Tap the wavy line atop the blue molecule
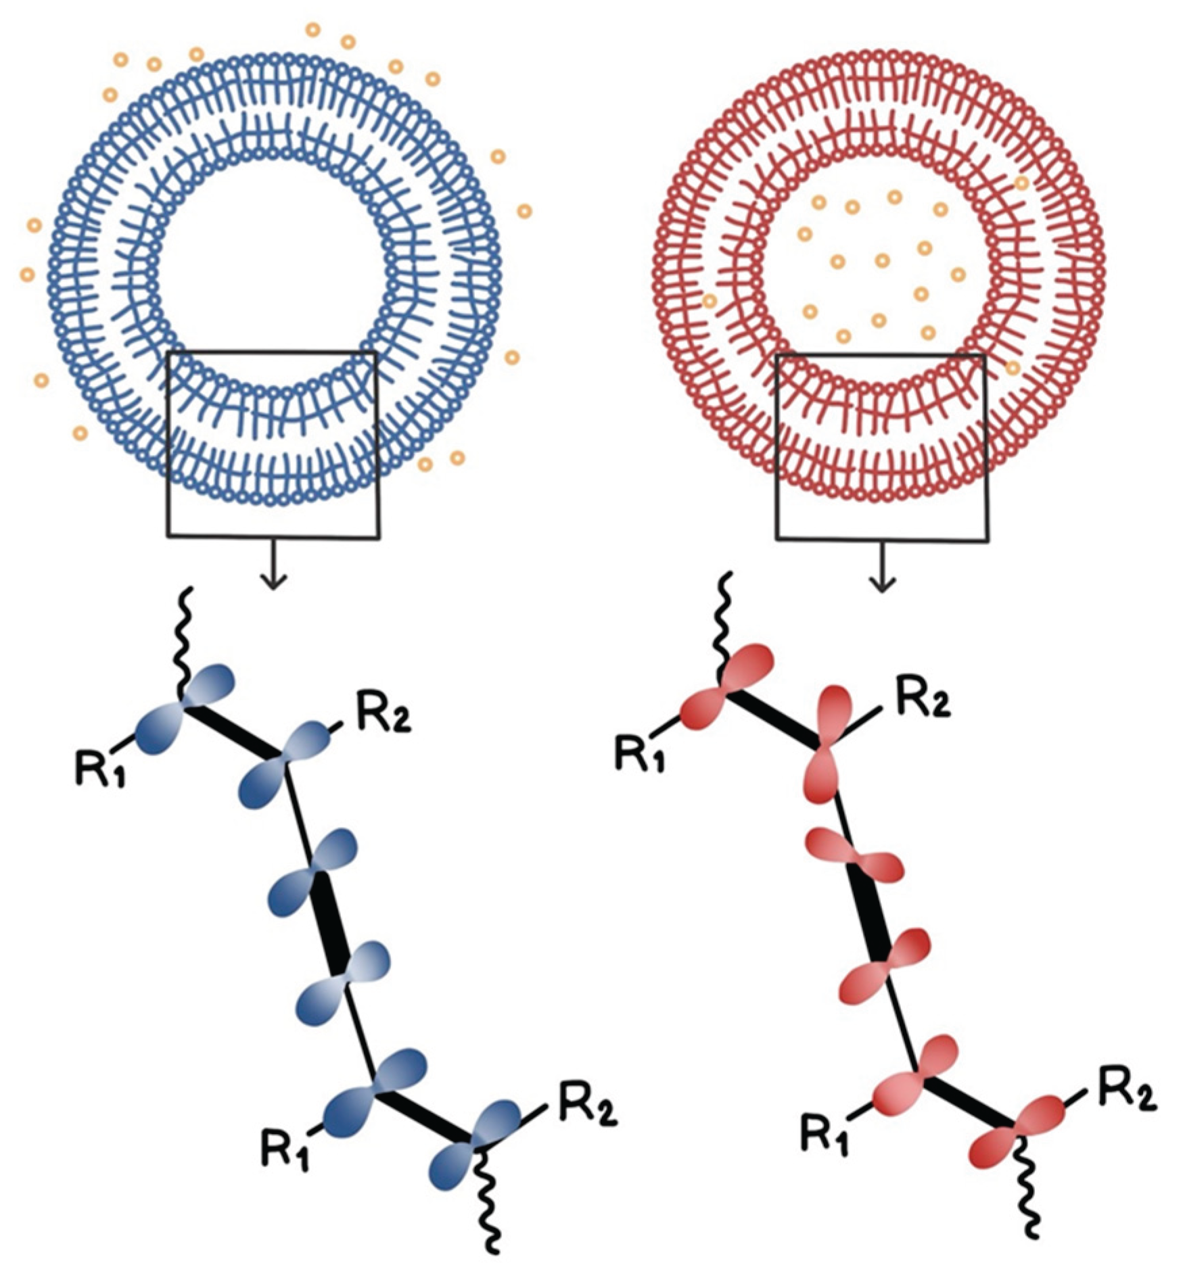[185, 639]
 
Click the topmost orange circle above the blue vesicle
[313, 30]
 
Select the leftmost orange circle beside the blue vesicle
[28, 275]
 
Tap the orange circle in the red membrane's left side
[710, 301]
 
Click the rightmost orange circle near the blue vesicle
[524, 212]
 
